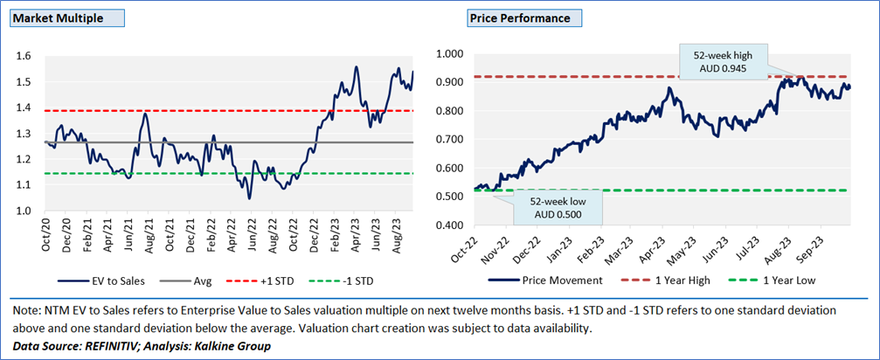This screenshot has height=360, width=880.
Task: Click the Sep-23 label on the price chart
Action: coord(819,246)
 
